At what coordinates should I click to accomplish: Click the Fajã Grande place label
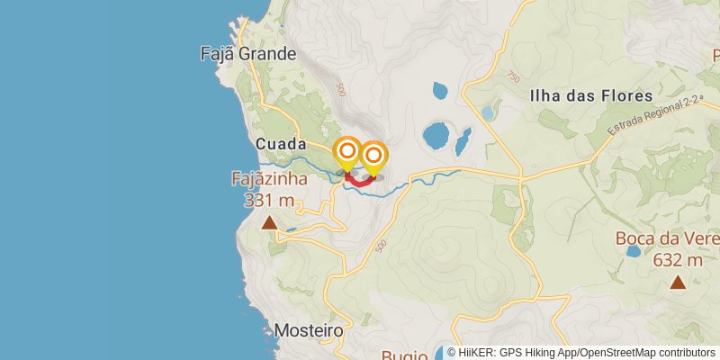247,54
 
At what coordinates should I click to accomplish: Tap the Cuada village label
281,144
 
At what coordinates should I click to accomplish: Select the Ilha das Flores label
591,95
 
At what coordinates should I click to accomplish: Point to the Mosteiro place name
309,330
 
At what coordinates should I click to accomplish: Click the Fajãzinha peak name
269,178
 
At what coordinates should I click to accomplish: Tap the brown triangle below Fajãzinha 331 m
269,221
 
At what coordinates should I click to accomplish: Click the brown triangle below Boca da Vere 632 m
677,283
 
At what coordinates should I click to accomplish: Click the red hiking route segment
359,182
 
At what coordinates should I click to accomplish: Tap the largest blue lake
436,136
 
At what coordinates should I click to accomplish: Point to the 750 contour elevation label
513,78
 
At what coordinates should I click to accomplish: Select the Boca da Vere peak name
667,238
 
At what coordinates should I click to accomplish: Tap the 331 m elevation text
269,199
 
